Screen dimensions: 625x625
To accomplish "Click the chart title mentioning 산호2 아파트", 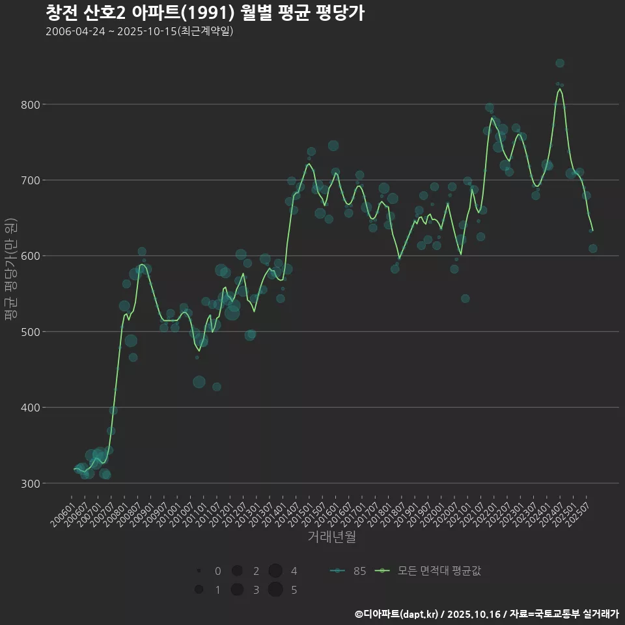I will tap(204, 12).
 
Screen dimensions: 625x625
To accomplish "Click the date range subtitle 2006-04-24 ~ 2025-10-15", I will tap(139, 31).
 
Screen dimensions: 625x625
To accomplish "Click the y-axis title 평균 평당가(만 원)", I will tap(10, 269).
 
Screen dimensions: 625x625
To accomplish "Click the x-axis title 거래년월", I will tap(331, 537).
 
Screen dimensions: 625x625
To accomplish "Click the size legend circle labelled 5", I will tap(275, 590).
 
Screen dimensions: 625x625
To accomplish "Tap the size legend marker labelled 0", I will tap(198, 571).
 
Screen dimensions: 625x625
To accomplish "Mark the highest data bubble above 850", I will tap(560, 63).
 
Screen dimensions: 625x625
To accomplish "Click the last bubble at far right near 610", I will tap(592, 249).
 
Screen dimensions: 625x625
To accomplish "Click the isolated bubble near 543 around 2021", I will tap(465, 299).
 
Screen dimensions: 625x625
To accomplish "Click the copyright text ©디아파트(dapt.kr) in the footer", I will tap(397, 614).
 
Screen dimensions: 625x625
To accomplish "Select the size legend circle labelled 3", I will tap(237, 590).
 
